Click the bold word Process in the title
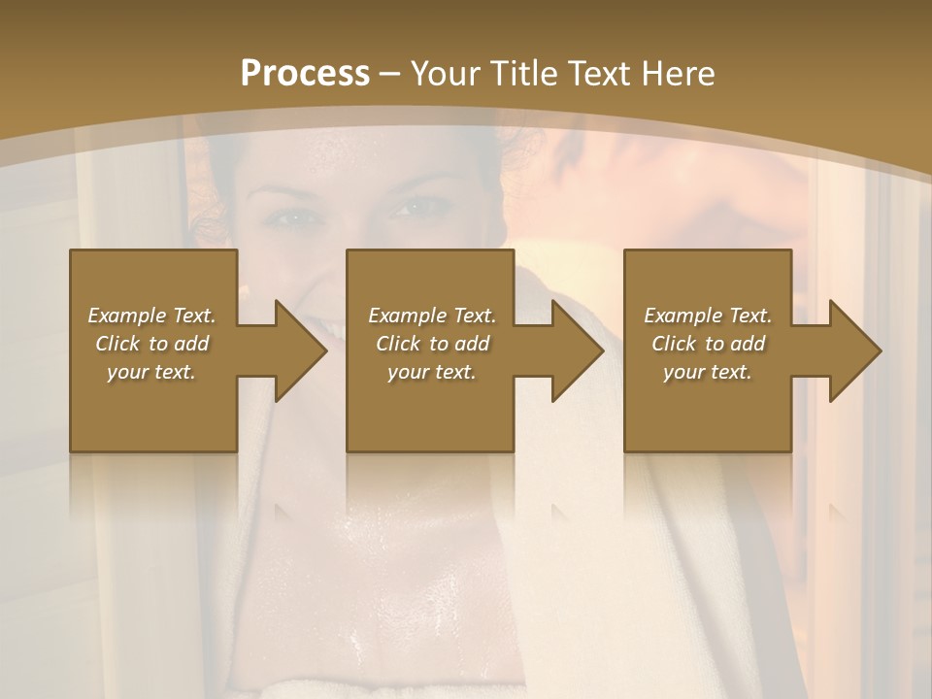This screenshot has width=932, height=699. pos(305,74)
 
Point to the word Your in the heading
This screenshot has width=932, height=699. pos(446,74)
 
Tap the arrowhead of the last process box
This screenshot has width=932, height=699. pos(853,350)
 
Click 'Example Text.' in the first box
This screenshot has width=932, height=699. pos(151,316)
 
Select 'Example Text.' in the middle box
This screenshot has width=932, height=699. pos(431,316)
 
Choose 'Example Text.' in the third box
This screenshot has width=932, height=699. pos(708,316)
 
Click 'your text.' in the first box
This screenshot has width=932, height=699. pos(151,372)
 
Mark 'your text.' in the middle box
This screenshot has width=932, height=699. pos(431,372)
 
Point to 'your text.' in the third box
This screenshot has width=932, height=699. pos(708,372)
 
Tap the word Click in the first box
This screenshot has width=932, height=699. pos(117,344)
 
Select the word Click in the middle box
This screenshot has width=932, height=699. pos(398,344)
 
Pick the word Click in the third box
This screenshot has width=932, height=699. pos(674,344)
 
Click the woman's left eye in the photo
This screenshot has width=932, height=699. pos(410,206)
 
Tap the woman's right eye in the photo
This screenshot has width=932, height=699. pos(287,217)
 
